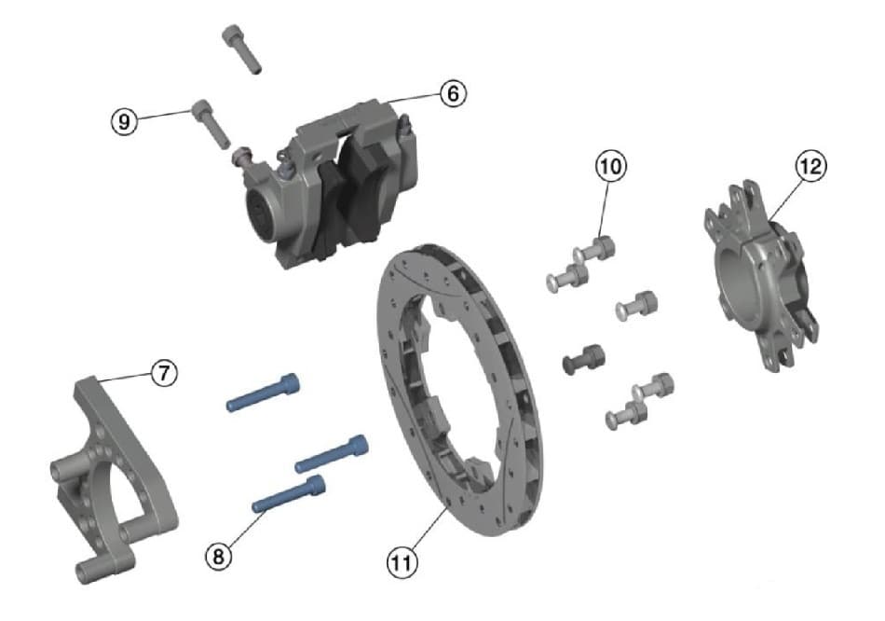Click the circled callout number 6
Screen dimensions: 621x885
451,94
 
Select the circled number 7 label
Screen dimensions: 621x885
162,373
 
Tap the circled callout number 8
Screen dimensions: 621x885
218,556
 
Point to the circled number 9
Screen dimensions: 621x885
125,120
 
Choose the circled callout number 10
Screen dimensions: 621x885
611,167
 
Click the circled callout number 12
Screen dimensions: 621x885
810,166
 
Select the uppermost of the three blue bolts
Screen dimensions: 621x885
265,393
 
